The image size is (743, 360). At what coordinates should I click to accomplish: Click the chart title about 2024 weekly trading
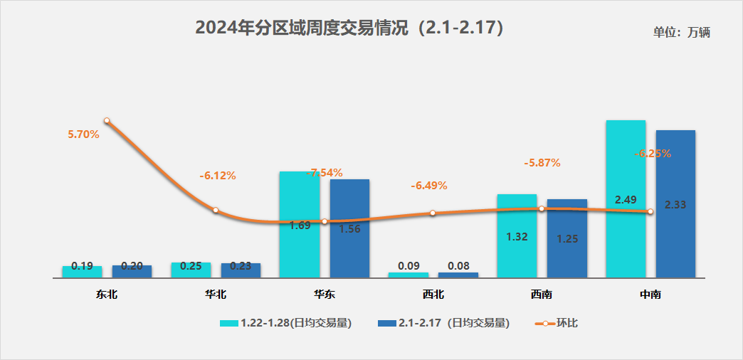[x=350, y=28]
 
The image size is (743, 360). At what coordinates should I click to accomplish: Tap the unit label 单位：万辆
[x=682, y=32]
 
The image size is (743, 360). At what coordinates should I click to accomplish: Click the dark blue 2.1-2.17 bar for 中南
[x=675, y=171]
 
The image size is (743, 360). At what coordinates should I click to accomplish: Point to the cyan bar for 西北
[x=409, y=275]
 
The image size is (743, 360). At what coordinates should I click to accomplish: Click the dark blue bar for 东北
[x=132, y=271]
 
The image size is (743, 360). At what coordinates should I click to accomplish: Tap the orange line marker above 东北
[x=107, y=121]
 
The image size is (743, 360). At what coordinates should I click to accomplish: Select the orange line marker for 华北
[x=216, y=211]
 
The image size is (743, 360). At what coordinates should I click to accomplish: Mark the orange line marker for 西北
[x=433, y=213]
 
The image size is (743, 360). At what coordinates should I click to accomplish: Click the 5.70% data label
[x=83, y=134]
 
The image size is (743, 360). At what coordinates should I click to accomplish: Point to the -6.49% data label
[x=429, y=186]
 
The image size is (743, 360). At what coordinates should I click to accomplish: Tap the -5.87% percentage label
[x=542, y=163]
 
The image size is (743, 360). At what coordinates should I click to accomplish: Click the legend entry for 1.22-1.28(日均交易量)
[x=286, y=322]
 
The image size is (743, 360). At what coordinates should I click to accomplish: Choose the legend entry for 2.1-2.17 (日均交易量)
[x=445, y=322]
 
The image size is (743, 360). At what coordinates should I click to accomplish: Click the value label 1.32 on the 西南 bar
[x=517, y=237]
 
